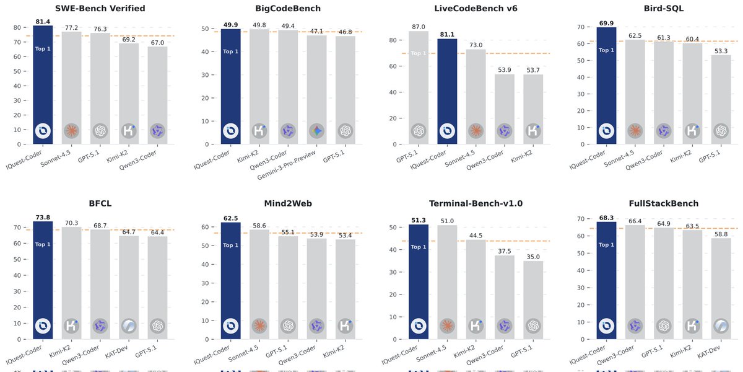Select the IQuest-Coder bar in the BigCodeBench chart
point(231,87)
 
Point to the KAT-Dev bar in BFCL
point(129,285)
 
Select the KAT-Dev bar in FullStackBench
point(721,288)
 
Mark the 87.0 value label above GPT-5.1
point(419,27)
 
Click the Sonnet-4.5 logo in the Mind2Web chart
point(259,325)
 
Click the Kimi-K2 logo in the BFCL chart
point(72,325)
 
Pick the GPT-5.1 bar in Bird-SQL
point(721,99)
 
